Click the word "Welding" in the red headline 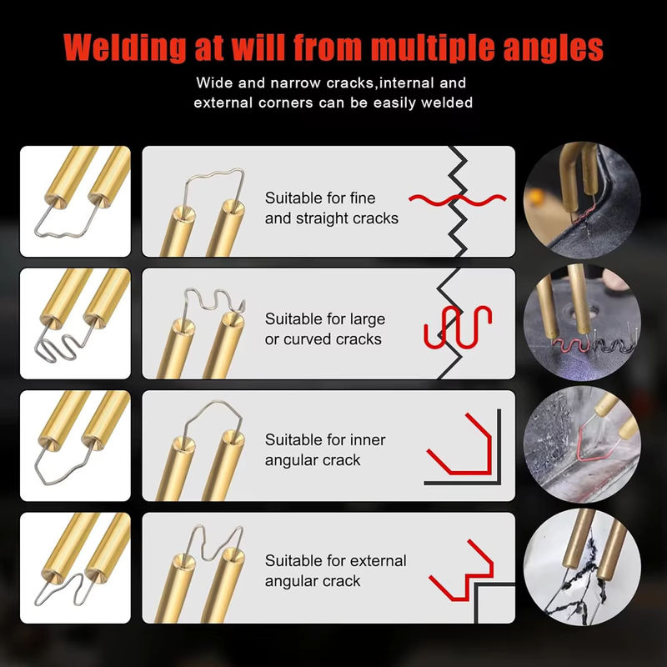(124, 48)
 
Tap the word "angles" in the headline (553, 49)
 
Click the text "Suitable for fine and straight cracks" (331, 208)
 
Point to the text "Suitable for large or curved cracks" (325, 328)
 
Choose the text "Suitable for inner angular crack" (325, 449)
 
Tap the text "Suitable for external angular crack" (335, 570)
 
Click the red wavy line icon (457, 199)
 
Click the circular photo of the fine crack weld (582, 200)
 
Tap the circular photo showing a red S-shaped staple (582, 322)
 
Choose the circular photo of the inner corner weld (582, 444)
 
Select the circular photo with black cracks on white (582, 567)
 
